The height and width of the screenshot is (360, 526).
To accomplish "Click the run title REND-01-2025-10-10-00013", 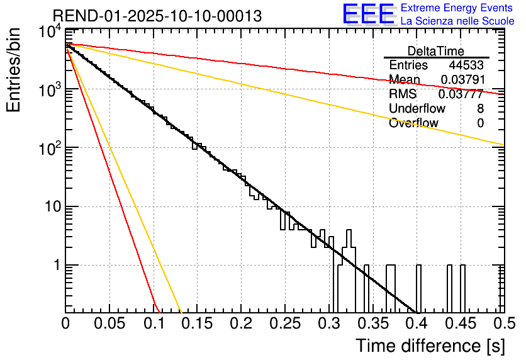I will point(157,16).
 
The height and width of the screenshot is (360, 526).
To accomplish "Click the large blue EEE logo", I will point(368,15).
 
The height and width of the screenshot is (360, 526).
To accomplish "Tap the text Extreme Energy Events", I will point(457,8).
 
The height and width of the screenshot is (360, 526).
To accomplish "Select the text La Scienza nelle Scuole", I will point(457,21).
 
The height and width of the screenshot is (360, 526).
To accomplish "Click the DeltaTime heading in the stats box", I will point(436,51).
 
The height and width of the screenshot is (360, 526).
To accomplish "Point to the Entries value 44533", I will point(466,65).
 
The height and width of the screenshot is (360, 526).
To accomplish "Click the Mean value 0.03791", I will point(462,80).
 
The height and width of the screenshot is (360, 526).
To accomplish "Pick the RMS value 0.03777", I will point(462,94).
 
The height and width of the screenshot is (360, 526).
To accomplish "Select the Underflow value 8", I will point(480,109).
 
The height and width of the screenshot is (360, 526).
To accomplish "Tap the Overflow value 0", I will point(480,123).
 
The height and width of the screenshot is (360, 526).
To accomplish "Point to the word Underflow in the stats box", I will point(417,109).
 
